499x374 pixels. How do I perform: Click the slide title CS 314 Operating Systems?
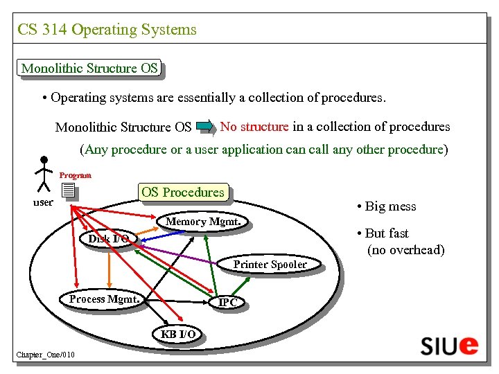click(x=107, y=30)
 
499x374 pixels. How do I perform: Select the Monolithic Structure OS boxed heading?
click(x=90, y=68)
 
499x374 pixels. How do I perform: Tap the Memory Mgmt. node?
click(x=203, y=222)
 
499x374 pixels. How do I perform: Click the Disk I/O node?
click(x=108, y=239)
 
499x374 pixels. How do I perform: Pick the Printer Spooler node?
click(x=270, y=265)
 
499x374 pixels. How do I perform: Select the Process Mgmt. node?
click(x=105, y=299)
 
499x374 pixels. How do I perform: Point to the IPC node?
click(x=228, y=303)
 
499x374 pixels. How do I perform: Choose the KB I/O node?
click(x=178, y=334)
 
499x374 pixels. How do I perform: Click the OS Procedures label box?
click(x=183, y=192)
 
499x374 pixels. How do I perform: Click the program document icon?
click(x=67, y=190)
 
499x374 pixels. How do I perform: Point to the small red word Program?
click(x=75, y=175)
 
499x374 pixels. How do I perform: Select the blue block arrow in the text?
click(x=206, y=127)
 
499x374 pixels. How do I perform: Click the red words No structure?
click(x=254, y=127)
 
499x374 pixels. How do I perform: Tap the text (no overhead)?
click(x=405, y=250)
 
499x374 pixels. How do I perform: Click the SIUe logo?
click(x=448, y=344)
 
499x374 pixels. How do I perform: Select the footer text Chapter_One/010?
click(x=45, y=355)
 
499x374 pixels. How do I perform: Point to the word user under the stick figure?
click(x=44, y=202)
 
